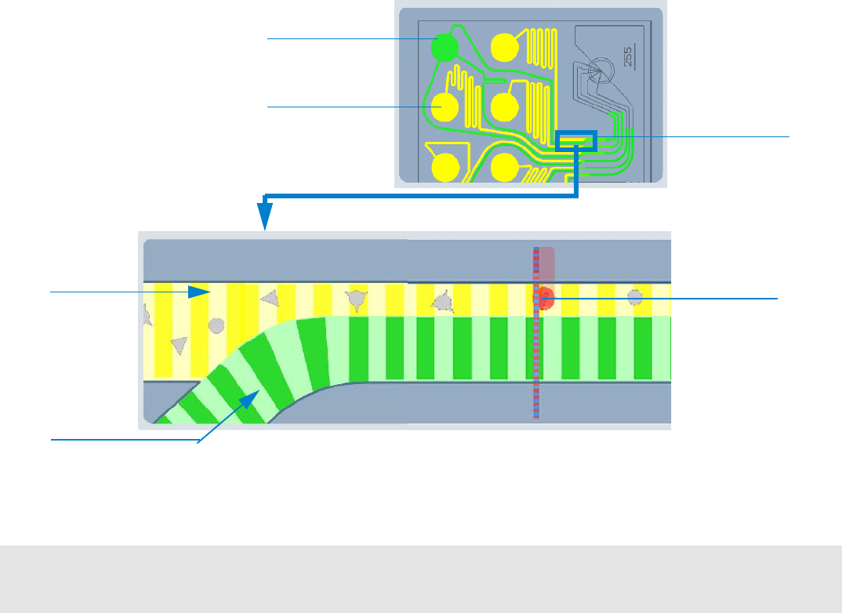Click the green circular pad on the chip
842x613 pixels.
(x=445, y=48)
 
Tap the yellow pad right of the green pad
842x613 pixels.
(x=504, y=49)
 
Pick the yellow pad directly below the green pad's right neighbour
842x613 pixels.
(x=504, y=106)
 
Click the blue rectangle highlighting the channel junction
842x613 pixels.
(x=576, y=140)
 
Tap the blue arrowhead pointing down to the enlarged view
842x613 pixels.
(x=267, y=213)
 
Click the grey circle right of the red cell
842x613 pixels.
(x=635, y=297)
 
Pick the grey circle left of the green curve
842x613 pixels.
(x=217, y=325)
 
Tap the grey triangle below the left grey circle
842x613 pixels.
(x=179, y=345)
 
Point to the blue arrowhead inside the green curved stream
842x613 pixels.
(x=252, y=398)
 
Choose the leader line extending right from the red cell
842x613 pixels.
(x=666, y=298)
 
